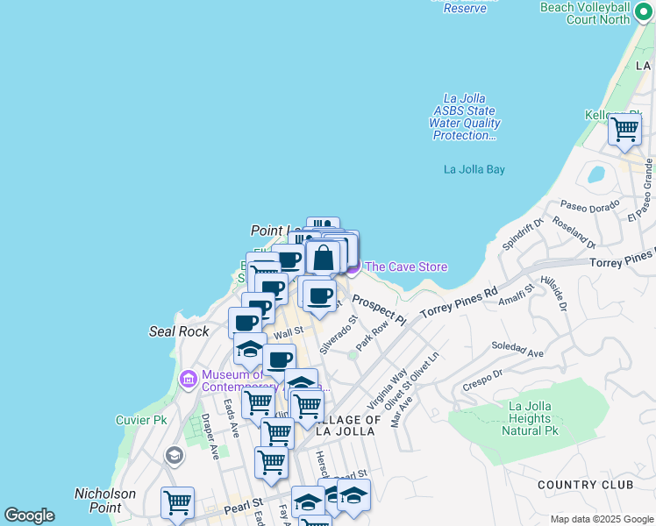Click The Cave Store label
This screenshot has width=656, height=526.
point(405,267)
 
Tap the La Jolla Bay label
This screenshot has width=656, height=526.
point(474,169)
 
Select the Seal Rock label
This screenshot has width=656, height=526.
point(179,331)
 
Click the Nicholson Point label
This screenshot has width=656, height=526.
point(104,501)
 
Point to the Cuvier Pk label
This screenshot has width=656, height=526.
point(141,420)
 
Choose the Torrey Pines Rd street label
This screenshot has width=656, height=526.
point(459,302)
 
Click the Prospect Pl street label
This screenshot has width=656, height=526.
point(379,309)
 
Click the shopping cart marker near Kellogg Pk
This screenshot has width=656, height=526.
point(624,130)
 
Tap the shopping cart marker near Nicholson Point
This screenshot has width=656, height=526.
point(177,503)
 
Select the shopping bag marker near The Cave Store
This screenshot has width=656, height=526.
point(323,259)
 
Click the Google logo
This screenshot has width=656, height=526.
point(29,515)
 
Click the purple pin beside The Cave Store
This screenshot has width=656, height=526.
point(353,267)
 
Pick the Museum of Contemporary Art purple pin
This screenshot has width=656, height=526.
point(188,379)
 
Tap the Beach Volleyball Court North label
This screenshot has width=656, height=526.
point(596,12)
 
